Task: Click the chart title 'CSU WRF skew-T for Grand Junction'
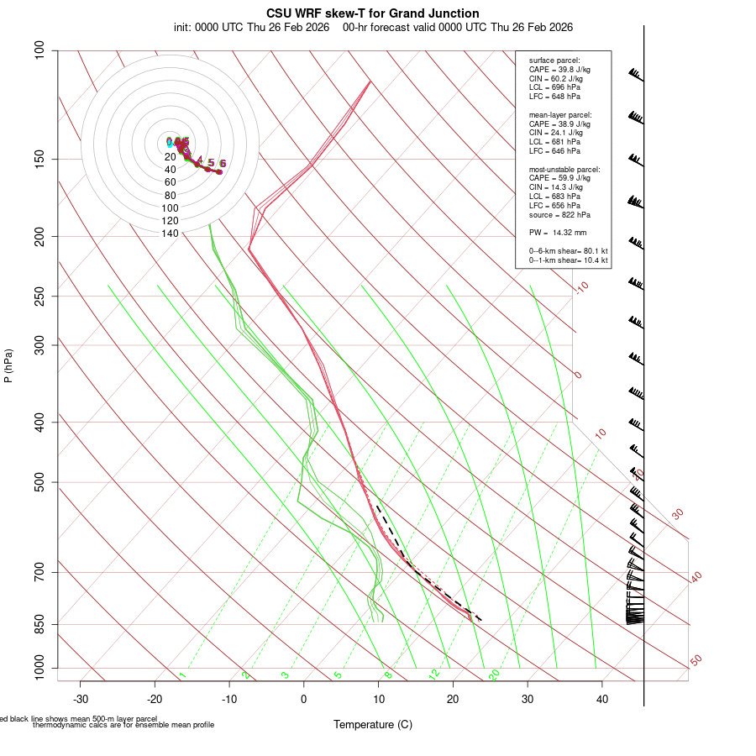(x=373, y=13)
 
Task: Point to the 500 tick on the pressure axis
(x=39, y=482)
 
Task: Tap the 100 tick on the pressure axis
(x=39, y=50)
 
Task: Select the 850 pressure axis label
(x=39, y=624)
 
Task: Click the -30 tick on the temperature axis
(x=81, y=699)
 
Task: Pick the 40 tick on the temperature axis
(x=602, y=699)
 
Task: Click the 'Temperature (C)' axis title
(x=373, y=724)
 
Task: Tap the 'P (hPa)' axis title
(x=8, y=366)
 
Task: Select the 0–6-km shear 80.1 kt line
(x=568, y=250)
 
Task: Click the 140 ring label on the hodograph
(x=170, y=234)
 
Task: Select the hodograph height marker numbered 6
(x=223, y=164)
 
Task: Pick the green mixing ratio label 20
(x=494, y=674)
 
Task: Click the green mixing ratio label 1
(x=182, y=675)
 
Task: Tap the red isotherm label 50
(x=696, y=661)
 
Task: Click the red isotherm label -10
(x=581, y=287)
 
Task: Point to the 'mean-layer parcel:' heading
(x=560, y=114)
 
